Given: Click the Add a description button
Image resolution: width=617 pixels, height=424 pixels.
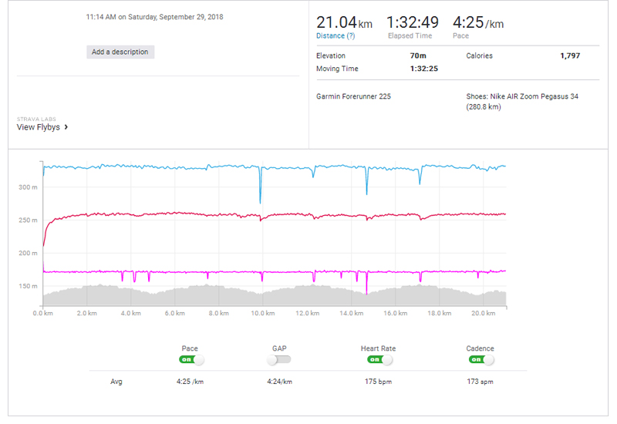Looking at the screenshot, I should tap(120, 52).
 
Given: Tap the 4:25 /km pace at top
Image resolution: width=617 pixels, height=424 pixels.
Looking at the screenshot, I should tap(478, 22).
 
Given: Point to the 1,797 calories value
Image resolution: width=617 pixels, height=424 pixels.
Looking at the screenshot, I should tap(570, 56).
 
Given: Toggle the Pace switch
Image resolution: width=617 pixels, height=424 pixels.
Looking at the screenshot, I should tap(191, 359).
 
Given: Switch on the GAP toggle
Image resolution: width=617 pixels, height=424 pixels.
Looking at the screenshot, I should tap(279, 359).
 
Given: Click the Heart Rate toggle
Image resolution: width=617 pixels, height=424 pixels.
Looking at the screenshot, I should tap(379, 359).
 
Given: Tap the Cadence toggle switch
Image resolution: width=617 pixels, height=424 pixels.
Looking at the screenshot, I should tap(480, 359).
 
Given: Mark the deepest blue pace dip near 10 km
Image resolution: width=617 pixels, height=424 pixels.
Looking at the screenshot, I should tap(260, 201).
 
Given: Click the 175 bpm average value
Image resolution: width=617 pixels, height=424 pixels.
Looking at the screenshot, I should tap(378, 381).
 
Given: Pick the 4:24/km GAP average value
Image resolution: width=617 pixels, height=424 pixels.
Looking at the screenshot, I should tap(279, 381).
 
